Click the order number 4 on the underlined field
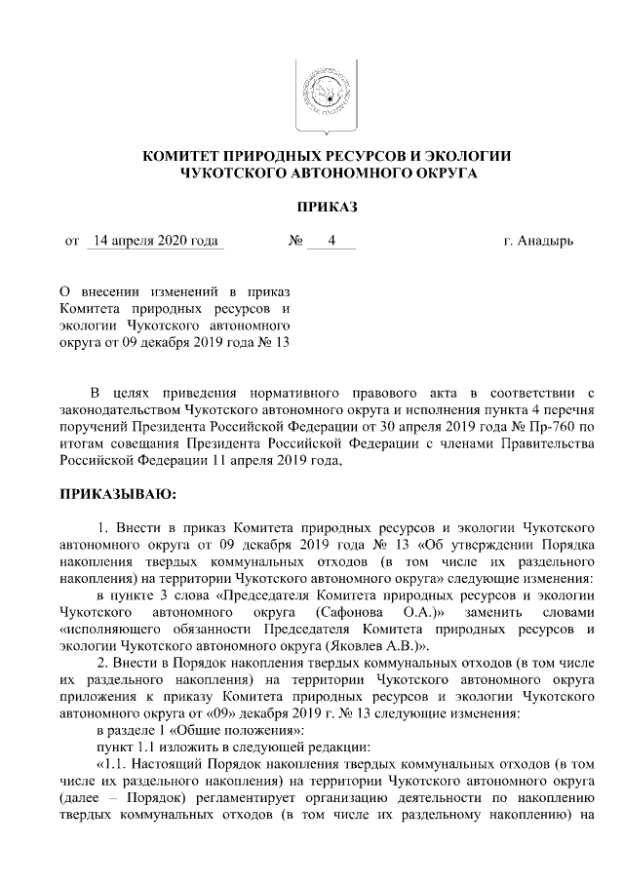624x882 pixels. [x=331, y=240]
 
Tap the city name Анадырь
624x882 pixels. [x=545, y=240]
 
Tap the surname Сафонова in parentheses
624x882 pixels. [x=345, y=612]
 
